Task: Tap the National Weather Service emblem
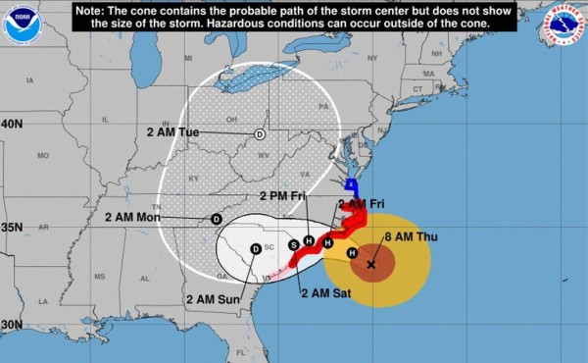pyautogui.click(x=563, y=26)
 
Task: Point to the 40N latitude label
pyautogui.click(x=12, y=125)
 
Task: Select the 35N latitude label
pyautogui.click(x=12, y=227)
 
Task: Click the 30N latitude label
pyautogui.click(x=12, y=325)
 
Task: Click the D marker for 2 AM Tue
pyautogui.click(x=260, y=134)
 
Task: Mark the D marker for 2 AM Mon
pyautogui.click(x=218, y=219)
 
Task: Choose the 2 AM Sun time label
pyautogui.click(x=212, y=299)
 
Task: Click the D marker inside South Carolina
pyautogui.click(x=256, y=249)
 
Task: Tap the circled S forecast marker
pyautogui.click(x=292, y=244)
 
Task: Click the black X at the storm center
pyautogui.click(x=371, y=264)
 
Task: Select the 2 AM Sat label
pyautogui.click(x=326, y=293)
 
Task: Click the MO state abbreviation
pyautogui.click(x=43, y=155)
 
